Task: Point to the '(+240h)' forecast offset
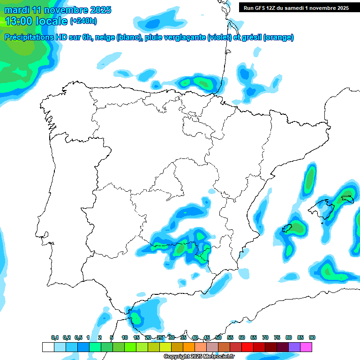click(x=83, y=21)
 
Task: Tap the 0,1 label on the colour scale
click(x=55, y=337)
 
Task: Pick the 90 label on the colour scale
click(x=312, y=337)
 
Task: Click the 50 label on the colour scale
click(x=218, y=337)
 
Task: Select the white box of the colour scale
click(x=48, y=347)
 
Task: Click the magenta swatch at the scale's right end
click(x=306, y=347)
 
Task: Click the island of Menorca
click(x=347, y=199)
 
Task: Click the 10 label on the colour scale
click(x=125, y=337)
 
